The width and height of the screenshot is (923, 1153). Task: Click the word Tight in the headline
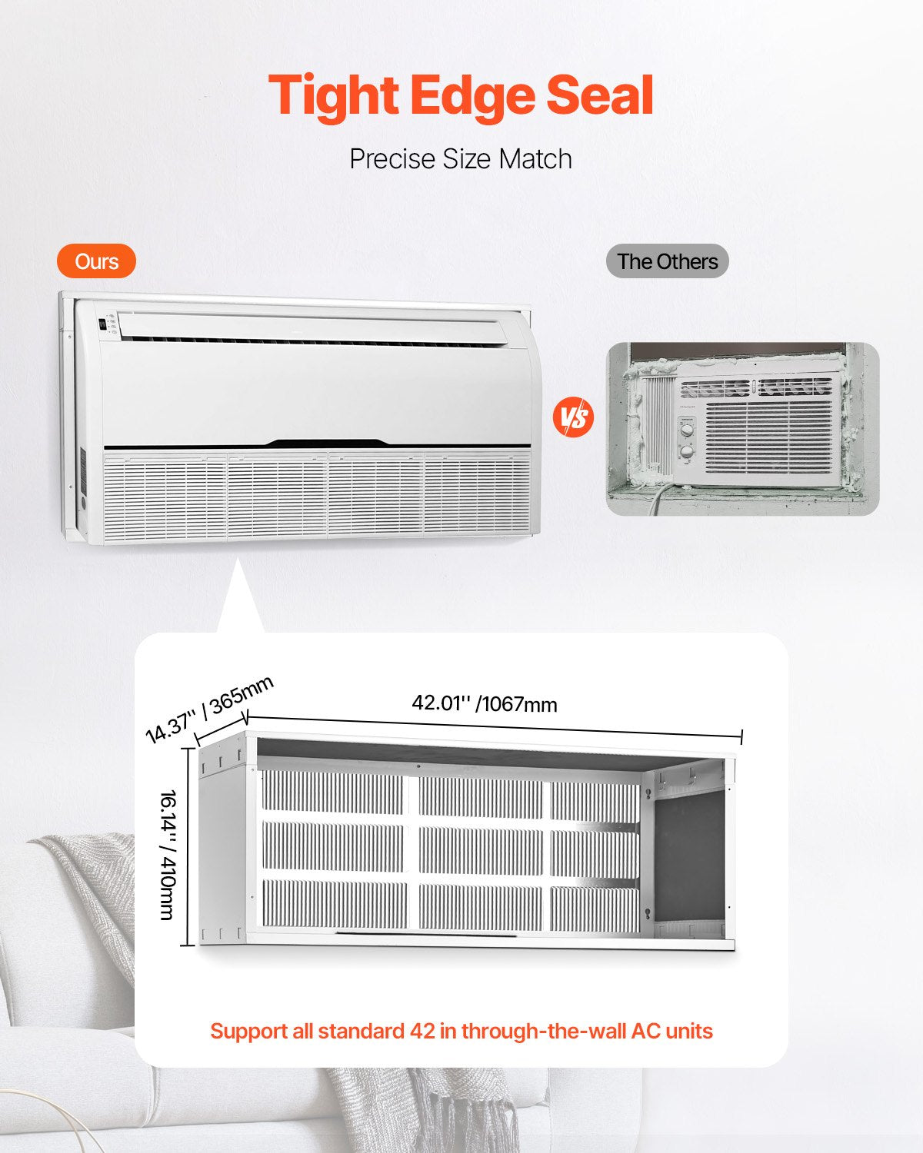coord(333,95)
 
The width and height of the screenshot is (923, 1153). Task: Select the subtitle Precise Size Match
coord(461,159)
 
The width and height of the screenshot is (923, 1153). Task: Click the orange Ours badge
coord(96,261)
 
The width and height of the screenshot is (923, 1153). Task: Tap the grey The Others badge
coord(667,261)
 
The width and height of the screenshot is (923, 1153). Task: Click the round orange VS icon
coord(573,417)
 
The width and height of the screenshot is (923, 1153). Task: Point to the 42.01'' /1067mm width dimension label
coord(485,703)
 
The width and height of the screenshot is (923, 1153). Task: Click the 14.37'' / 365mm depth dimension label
coord(209,709)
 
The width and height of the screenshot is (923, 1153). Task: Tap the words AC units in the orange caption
coord(671,1031)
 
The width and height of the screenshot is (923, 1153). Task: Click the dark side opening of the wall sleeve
coord(688,853)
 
